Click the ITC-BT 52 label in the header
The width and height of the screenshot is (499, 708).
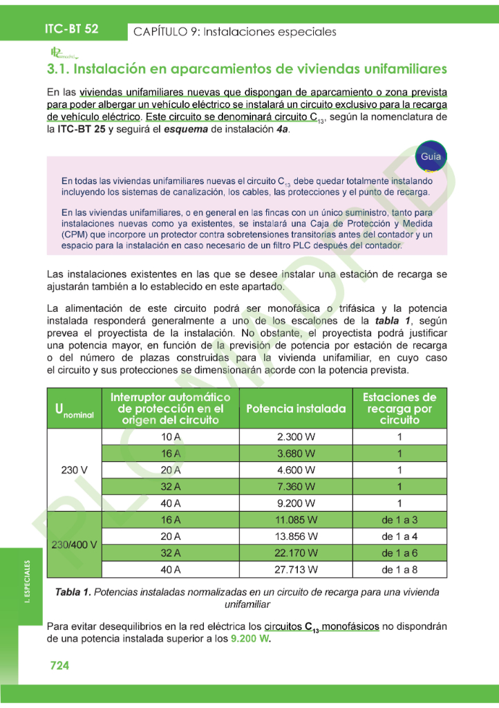click(x=72, y=29)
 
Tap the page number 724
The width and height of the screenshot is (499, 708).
click(x=59, y=665)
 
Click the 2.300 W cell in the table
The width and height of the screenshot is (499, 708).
click(x=296, y=438)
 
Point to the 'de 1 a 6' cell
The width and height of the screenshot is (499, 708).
click(x=399, y=552)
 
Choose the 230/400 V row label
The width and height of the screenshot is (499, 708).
click(x=74, y=544)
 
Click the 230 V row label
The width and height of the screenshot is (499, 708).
click(x=74, y=470)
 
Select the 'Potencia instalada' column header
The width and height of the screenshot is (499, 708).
click(x=296, y=409)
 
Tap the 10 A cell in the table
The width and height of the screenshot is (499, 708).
click(x=171, y=438)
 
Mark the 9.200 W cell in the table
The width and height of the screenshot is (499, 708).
click(x=296, y=503)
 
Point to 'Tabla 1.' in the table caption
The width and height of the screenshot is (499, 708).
click(x=73, y=592)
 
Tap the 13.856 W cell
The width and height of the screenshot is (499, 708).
click(x=296, y=536)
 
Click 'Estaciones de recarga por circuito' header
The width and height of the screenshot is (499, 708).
click(x=399, y=409)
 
